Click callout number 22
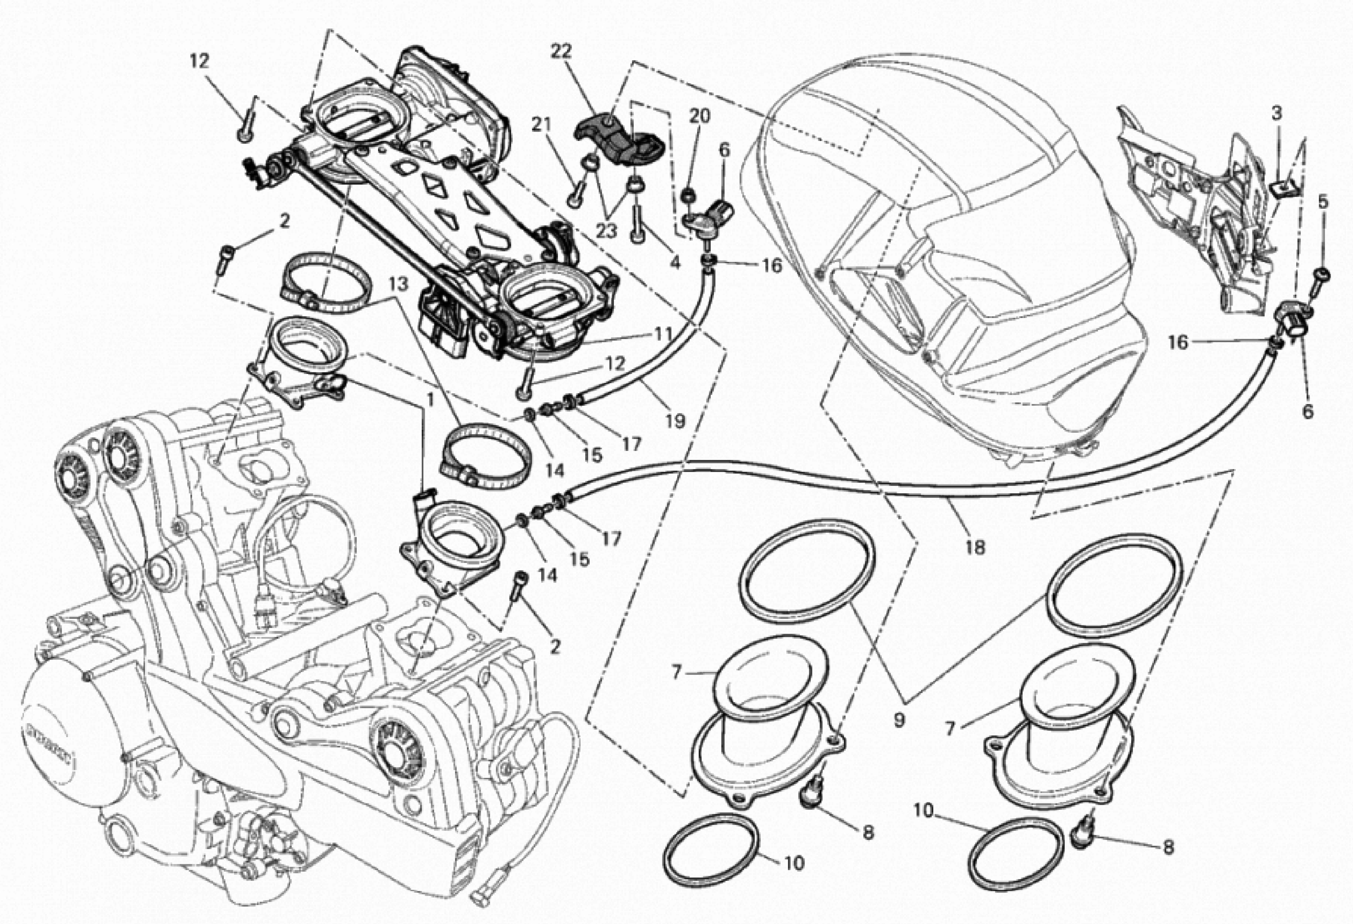tap(561, 52)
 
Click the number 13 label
tap(399, 284)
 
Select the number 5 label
tap(1323, 202)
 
